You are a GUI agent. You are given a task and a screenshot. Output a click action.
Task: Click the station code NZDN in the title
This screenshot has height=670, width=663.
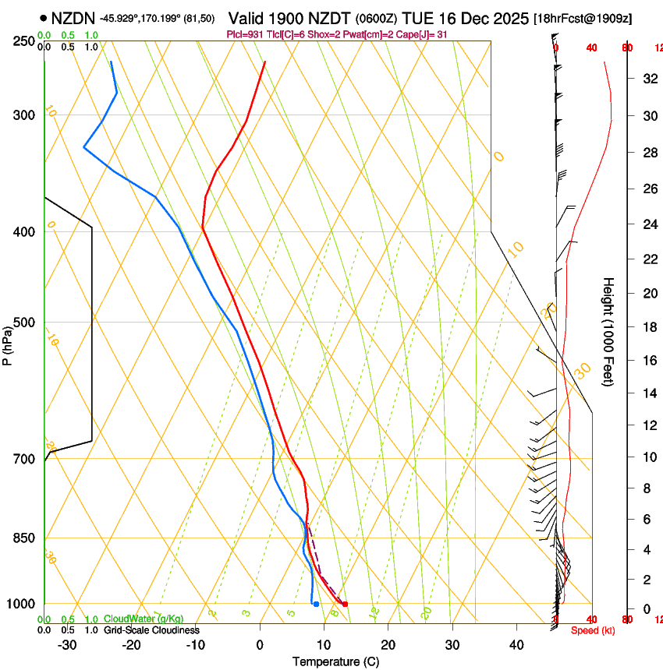73,18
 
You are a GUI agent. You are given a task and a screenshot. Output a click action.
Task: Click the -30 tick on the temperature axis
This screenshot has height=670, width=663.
68,644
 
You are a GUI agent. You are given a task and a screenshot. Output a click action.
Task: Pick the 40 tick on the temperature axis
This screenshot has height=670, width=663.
516,644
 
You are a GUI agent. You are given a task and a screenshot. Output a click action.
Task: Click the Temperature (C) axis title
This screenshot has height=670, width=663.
335,661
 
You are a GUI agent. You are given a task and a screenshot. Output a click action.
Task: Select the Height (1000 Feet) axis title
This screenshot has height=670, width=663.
608,332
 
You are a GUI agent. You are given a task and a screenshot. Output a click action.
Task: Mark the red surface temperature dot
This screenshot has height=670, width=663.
345,604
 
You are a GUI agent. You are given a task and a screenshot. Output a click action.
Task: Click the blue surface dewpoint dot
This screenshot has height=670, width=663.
316,604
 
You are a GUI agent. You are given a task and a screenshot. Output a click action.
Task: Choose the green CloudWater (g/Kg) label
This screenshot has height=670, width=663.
143,619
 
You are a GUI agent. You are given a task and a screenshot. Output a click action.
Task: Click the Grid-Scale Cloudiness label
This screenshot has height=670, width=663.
151,630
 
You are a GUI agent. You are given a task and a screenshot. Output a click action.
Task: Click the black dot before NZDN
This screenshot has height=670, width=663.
43,17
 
